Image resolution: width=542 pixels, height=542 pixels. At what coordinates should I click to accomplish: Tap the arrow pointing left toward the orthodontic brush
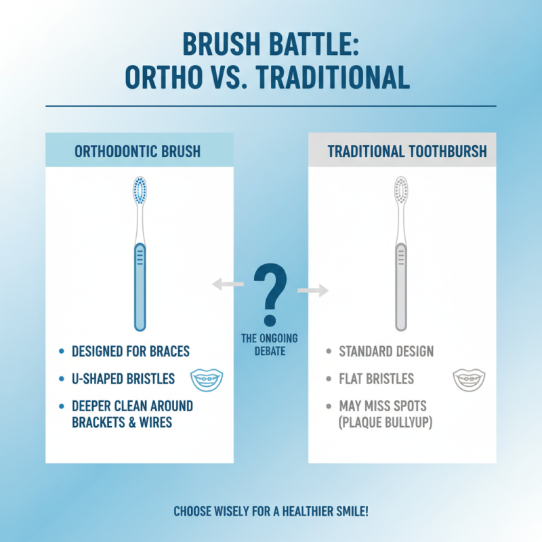point(227,285)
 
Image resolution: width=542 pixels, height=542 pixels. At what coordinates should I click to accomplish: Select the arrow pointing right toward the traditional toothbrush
point(312,291)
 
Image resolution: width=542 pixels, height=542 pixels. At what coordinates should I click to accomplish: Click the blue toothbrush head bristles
point(140,190)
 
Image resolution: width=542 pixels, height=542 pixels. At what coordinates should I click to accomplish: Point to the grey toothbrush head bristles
point(401,190)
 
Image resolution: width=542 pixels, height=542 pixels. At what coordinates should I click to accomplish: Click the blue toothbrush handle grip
point(140,285)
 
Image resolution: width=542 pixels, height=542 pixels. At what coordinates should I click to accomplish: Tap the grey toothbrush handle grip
point(401,285)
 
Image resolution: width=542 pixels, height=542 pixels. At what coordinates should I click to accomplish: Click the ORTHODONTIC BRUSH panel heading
point(138,151)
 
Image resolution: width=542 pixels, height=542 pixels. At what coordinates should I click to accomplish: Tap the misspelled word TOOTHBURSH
point(444,151)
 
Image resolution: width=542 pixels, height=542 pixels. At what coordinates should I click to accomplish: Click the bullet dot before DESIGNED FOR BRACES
point(62,352)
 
